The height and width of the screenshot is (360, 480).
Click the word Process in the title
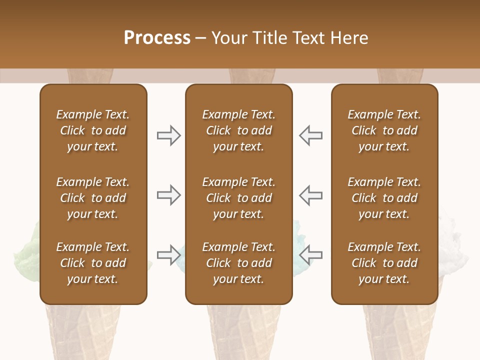157,38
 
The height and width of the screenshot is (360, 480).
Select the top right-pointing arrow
168,135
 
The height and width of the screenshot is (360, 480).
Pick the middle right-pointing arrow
168,195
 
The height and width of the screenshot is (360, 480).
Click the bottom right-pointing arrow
168,255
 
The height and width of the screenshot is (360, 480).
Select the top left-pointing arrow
311,135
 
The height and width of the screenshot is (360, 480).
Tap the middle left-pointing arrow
311,195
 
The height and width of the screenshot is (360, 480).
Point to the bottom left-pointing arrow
311,255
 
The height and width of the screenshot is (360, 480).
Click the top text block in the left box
93,130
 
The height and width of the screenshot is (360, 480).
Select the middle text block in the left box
93,198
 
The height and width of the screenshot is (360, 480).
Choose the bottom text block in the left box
93,263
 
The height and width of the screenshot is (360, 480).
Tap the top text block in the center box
238,130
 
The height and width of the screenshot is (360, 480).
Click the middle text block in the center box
238,198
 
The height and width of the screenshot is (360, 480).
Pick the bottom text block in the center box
238,263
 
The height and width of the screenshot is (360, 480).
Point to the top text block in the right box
384,130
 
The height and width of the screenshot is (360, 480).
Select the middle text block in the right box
384,198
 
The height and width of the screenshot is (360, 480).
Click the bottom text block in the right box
384,263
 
